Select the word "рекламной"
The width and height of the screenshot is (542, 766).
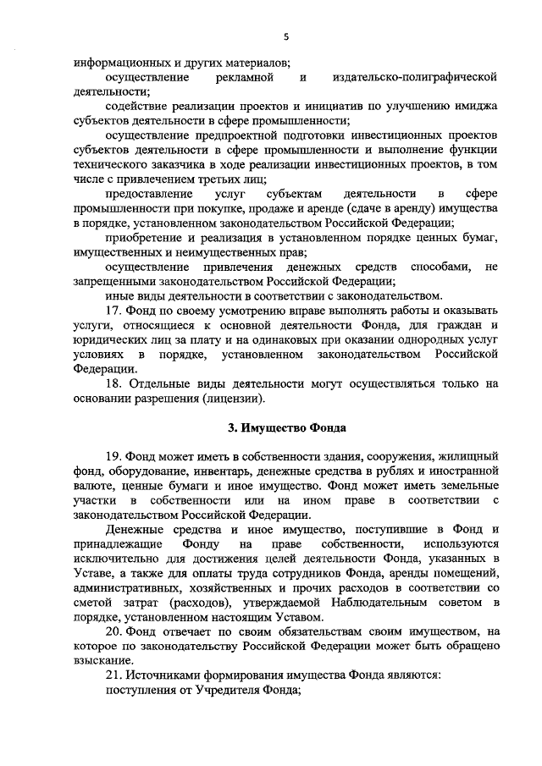244,78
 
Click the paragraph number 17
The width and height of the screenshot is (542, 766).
113,309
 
